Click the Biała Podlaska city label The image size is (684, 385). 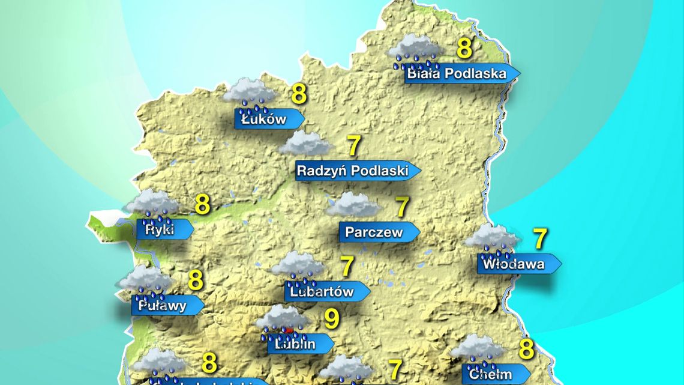pyautogui.click(x=455, y=74)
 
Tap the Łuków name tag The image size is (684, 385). pyautogui.click(x=265, y=120)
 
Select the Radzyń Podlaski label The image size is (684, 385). pyautogui.click(x=353, y=171)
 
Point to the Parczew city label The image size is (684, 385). pyautogui.click(x=374, y=232)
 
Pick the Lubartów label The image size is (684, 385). pyautogui.click(x=322, y=292)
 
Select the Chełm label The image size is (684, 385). pyautogui.click(x=491, y=374)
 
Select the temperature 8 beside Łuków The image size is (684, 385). pyautogui.click(x=299, y=95)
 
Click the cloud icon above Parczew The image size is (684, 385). pyautogui.click(x=353, y=205)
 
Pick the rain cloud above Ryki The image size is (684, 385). pyautogui.click(x=152, y=204)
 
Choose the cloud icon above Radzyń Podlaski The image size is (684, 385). pyautogui.click(x=306, y=144)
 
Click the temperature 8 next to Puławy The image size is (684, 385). pyautogui.click(x=196, y=280)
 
